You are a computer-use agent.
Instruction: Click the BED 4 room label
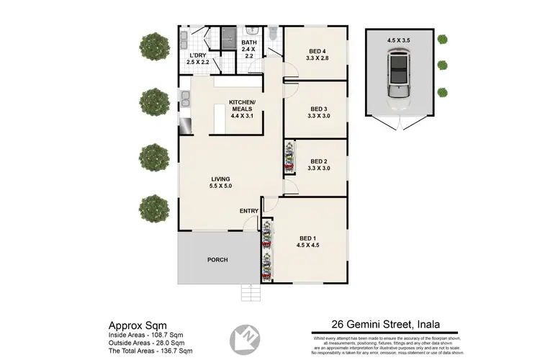(x=317, y=50)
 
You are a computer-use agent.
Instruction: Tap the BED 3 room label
(x=317, y=109)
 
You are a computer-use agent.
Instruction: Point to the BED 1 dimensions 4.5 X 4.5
(x=308, y=245)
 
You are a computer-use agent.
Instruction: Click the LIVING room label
(x=220, y=179)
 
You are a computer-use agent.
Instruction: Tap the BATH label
(x=248, y=42)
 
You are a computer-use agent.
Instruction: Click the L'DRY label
(x=198, y=55)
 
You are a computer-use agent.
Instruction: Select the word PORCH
(x=217, y=260)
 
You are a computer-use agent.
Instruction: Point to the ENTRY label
(x=249, y=210)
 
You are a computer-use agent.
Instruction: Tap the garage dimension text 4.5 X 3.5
(x=400, y=40)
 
